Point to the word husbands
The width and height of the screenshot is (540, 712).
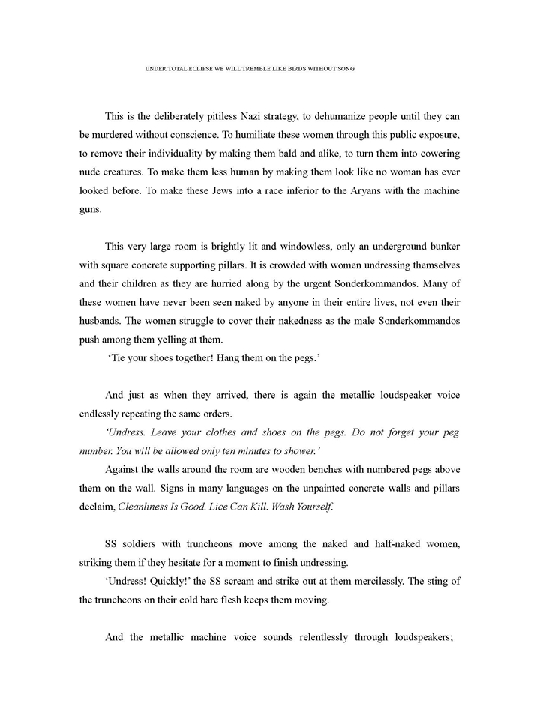(103, 320)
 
